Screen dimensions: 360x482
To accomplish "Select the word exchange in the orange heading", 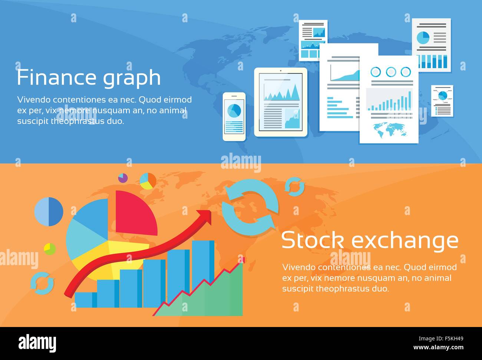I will pyautogui.click(x=405, y=241).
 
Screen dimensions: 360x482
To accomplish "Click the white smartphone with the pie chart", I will pyautogui.click(x=234, y=116).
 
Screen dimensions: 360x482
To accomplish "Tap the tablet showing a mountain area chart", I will pyautogui.click(x=281, y=102).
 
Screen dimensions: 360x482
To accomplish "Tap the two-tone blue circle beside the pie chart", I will pyautogui.click(x=49, y=211).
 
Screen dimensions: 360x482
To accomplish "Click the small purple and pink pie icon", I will pyautogui.click(x=123, y=178).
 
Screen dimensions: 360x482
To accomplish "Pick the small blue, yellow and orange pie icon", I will pyautogui.click(x=148, y=181).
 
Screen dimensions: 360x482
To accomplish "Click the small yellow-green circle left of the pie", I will pyautogui.click(x=49, y=249).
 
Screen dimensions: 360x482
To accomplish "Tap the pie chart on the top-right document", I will pyautogui.click(x=423, y=37).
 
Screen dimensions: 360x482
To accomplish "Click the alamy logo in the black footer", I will pyautogui.click(x=37, y=343).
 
